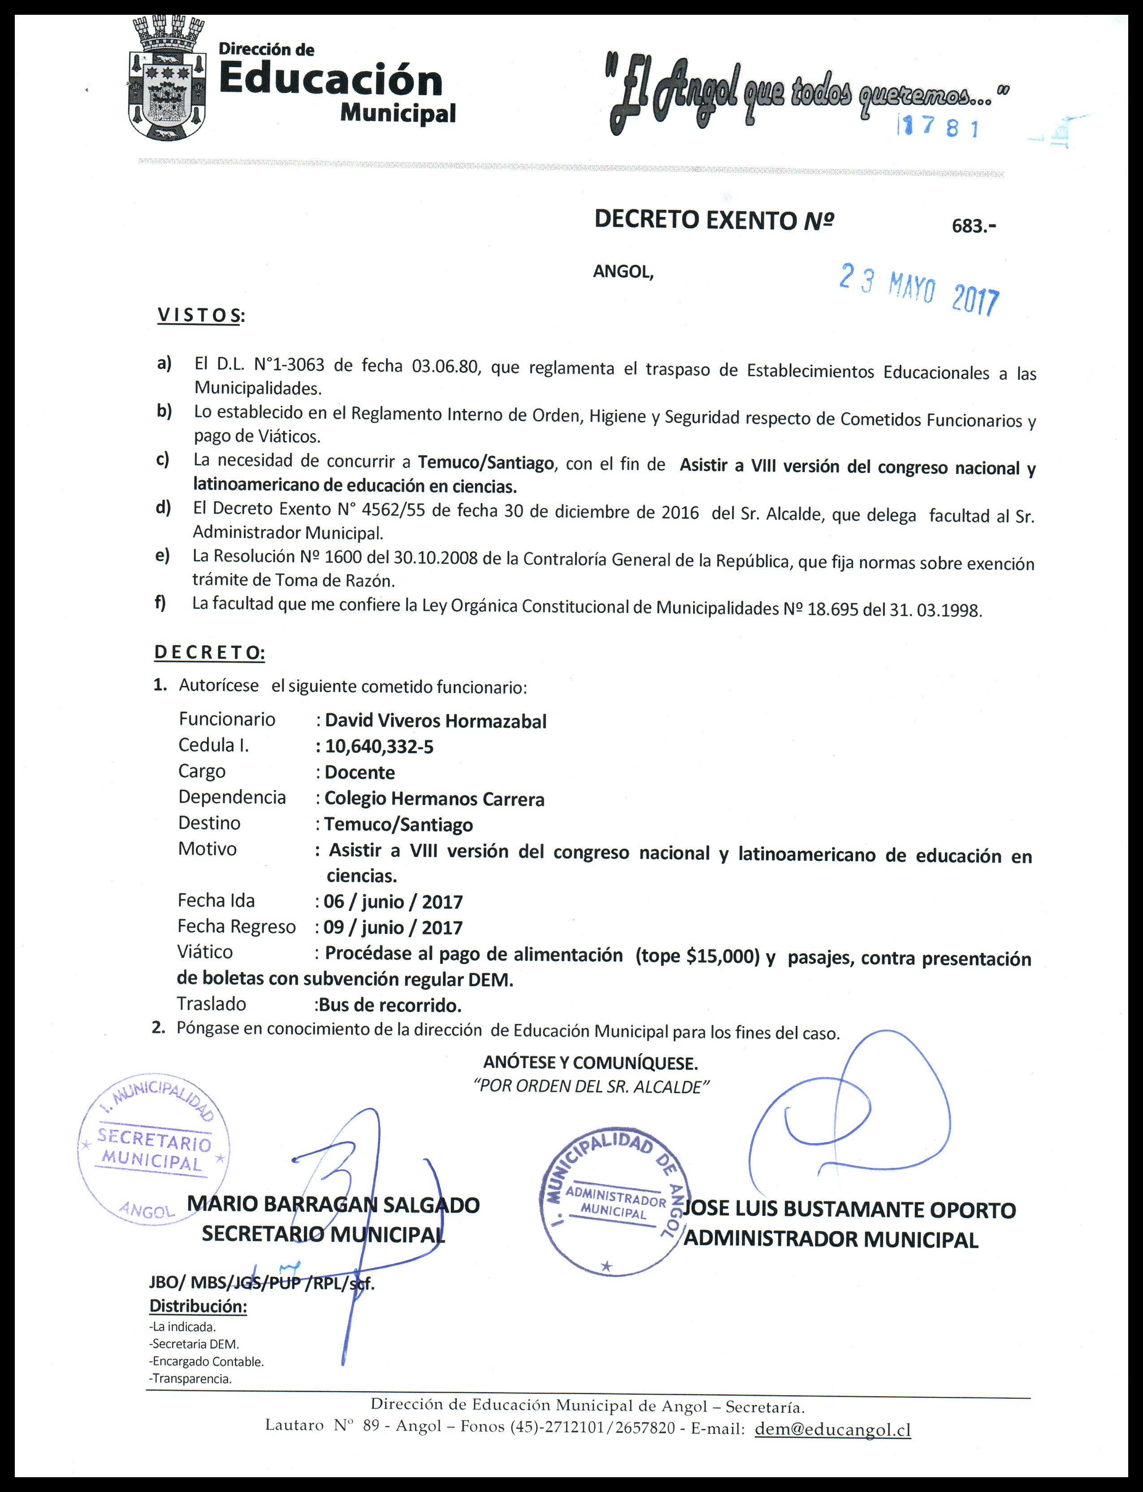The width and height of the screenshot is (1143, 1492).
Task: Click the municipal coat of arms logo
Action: pos(167,80)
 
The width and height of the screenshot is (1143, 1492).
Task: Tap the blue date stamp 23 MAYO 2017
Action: pos(918,288)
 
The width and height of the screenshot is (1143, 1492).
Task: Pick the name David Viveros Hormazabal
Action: pos(435,721)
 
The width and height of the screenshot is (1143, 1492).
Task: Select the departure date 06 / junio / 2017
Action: pos(393,902)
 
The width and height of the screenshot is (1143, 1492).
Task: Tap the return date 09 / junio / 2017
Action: pos(393,928)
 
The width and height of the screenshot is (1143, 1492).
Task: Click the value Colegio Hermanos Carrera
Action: pos(434,799)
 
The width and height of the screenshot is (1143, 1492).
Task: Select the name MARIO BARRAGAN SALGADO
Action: pos(333,1205)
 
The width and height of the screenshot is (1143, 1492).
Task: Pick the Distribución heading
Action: pos(198,1305)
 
